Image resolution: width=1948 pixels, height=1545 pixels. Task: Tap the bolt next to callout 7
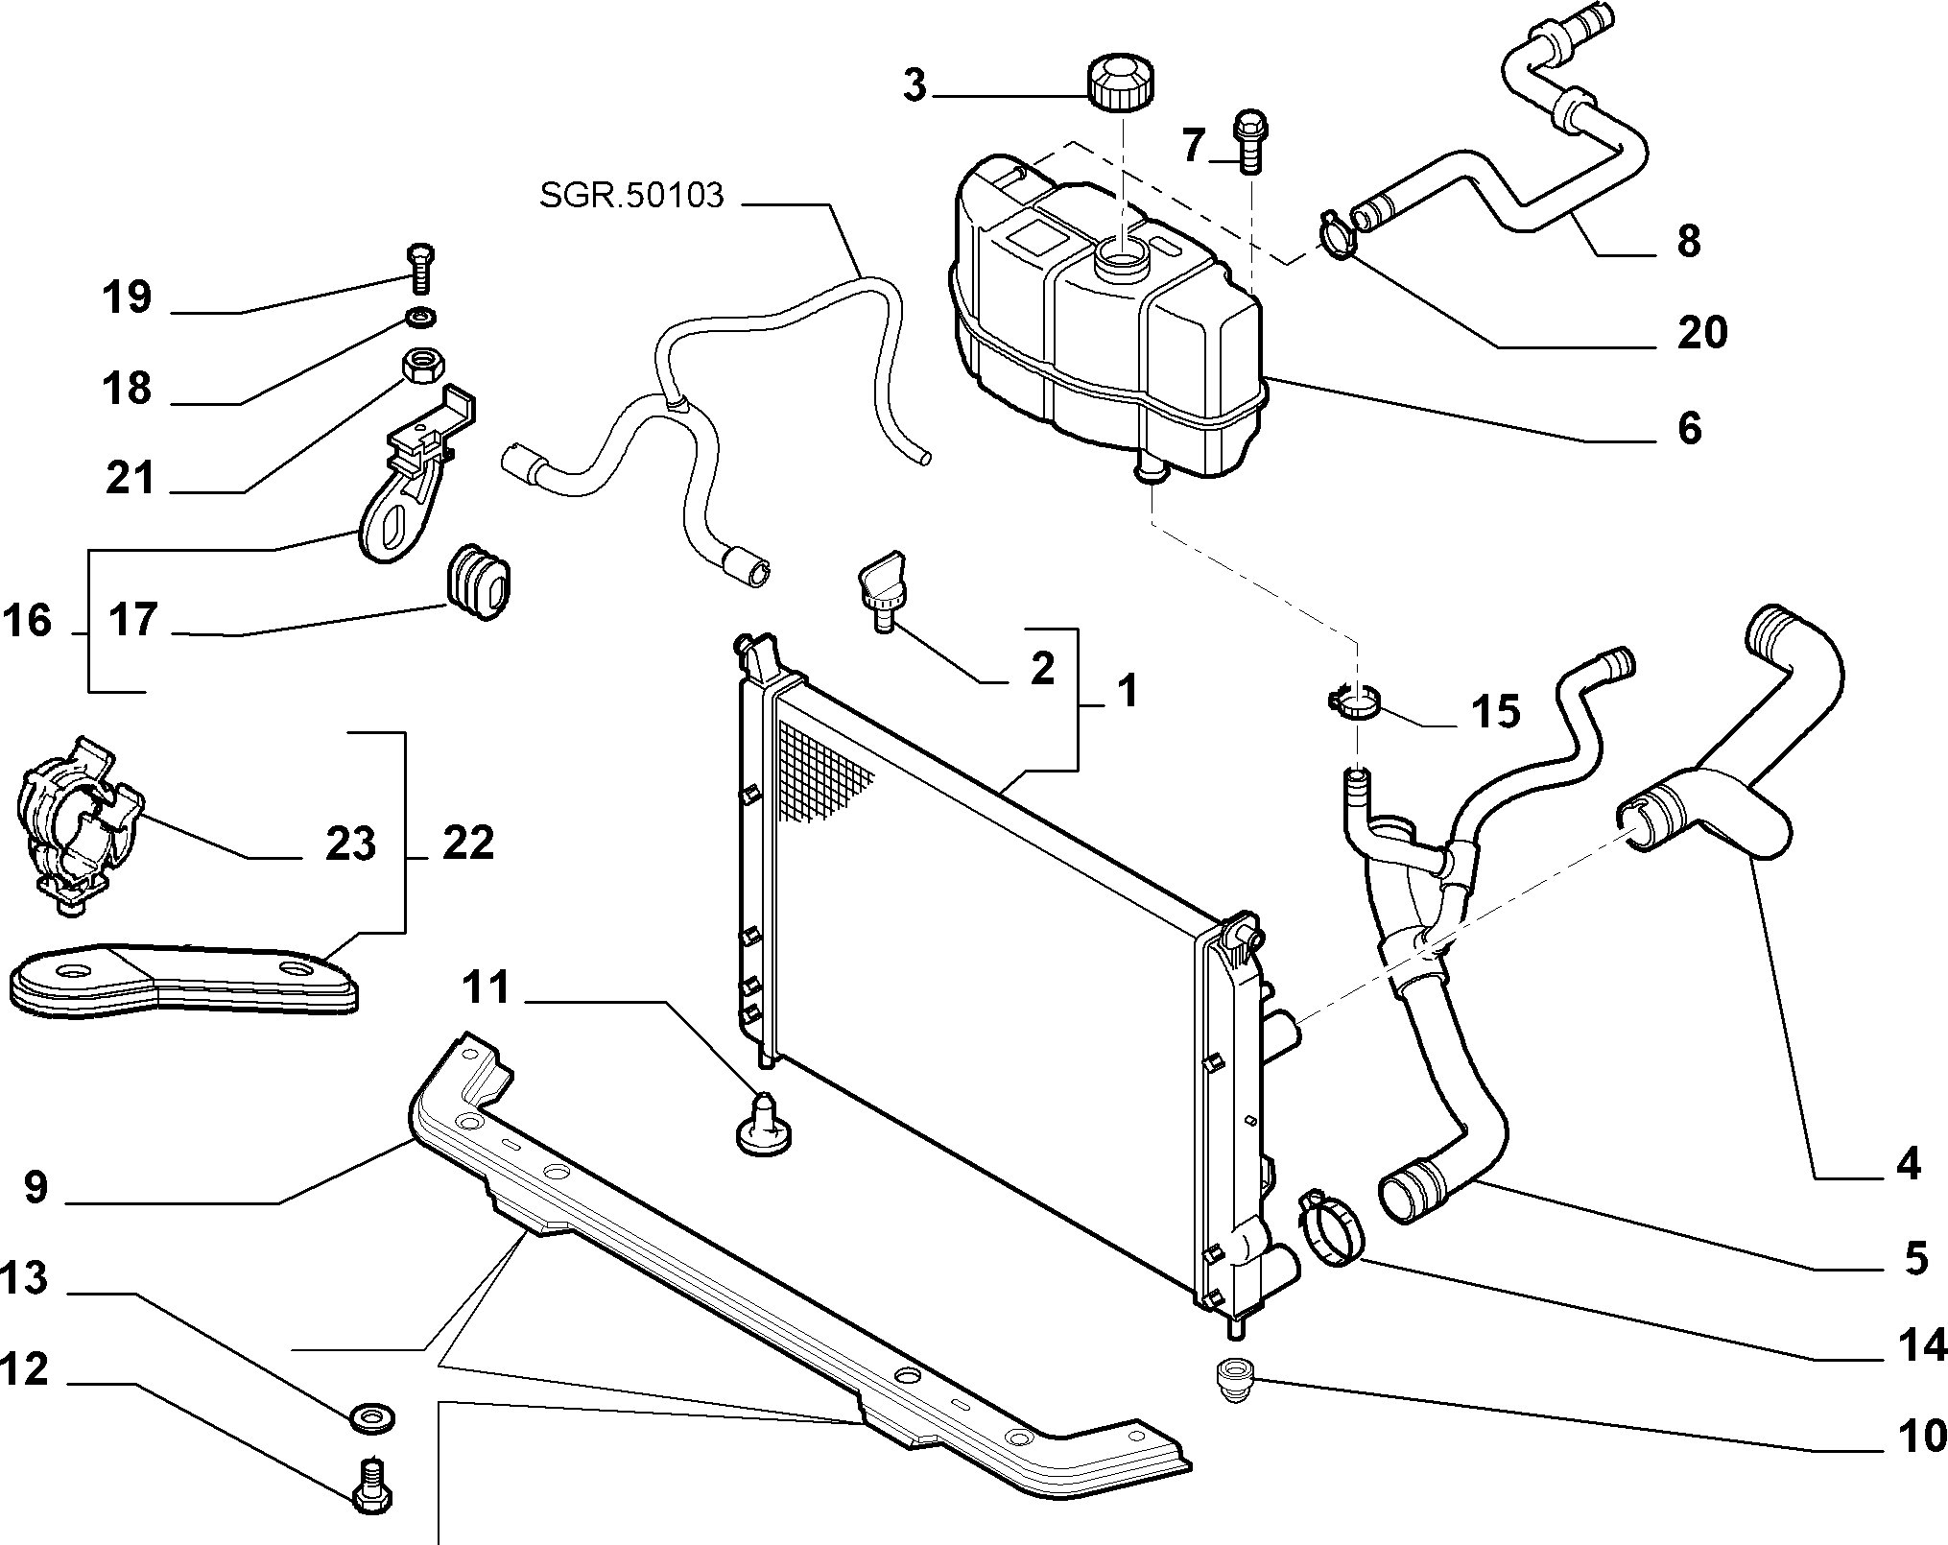pyautogui.click(x=1248, y=139)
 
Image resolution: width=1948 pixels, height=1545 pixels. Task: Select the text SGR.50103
pyautogui.click(x=630, y=196)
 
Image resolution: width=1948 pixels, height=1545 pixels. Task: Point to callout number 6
pyautogui.click(x=1688, y=427)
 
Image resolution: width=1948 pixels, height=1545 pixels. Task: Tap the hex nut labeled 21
pyautogui.click(x=419, y=366)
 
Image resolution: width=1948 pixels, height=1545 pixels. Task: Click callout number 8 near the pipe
pyautogui.click(x=1688, y=240)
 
